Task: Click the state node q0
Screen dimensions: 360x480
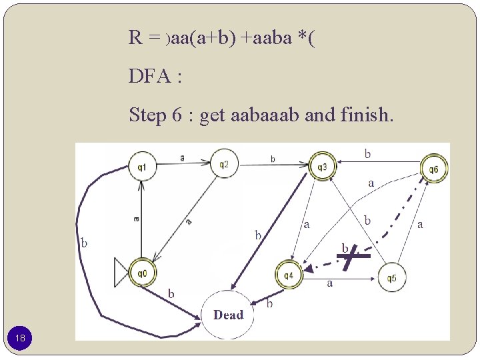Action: tap(142, 272)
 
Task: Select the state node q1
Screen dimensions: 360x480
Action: tap(142, 166)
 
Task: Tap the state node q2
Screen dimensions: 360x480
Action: tap(225, 164)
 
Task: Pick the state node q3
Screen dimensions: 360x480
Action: tap(321, 166)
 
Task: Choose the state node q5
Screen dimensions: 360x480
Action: tap(391, 278)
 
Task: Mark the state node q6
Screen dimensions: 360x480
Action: tap(433, 169)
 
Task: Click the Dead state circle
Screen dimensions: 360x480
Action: tap(228, 314)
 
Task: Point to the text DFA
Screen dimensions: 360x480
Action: tap(150, 77)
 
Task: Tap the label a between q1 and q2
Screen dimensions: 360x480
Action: tap(183, 157)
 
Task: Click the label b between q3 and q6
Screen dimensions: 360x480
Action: tap(367, 153)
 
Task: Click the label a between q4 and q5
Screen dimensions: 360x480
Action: tap(329, 283)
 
